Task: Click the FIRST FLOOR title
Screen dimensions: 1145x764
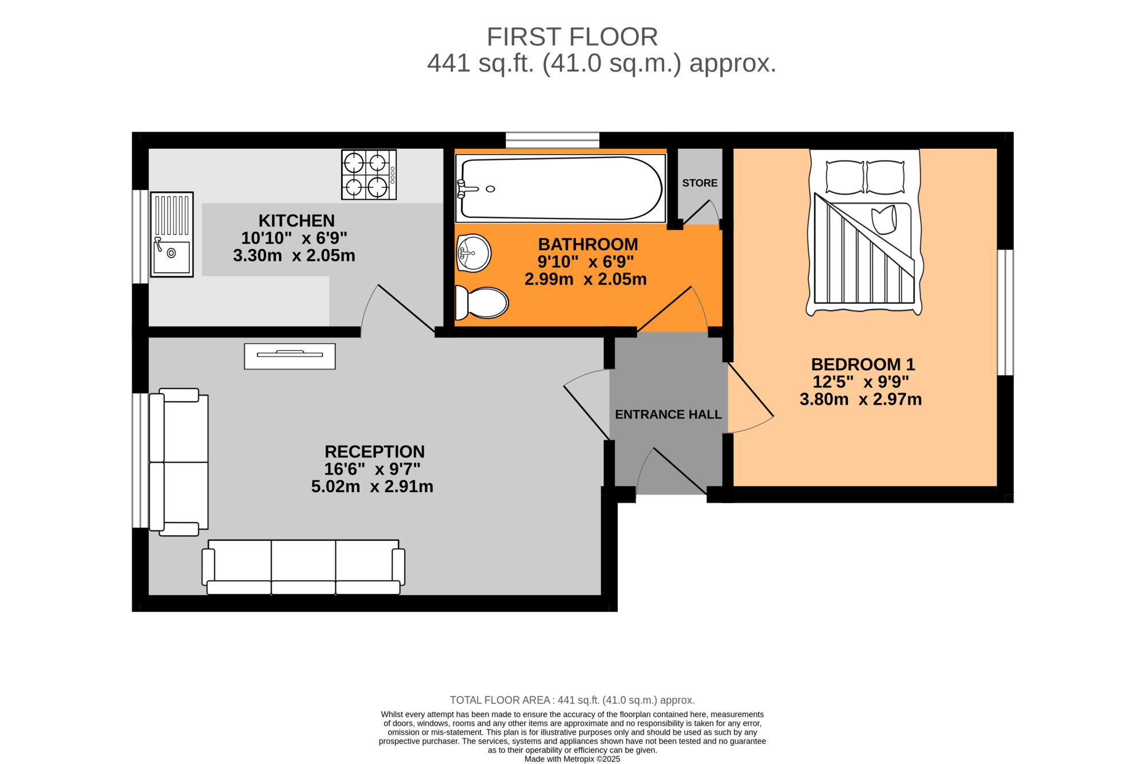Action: pyautogui.click(x=572, y=37)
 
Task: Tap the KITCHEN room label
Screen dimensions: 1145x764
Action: pyautogui.click(x=297, y=221)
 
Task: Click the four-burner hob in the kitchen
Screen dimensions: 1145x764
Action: pyautogui.click(x=369, y=175)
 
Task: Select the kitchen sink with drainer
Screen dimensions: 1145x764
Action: pyautogui.click(x=172, y=235)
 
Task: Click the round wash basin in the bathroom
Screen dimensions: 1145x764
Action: pyautogui.click(x=474, y=253)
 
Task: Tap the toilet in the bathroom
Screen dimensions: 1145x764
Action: pyautogui.click(x=481, y=302)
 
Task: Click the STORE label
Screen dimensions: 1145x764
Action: pyautogui.click(x=700, y=183)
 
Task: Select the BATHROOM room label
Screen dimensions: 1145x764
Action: pyautogui.click(x=588, y=244)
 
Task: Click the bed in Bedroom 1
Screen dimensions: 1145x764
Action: pyautogui.click(x=864, y=232)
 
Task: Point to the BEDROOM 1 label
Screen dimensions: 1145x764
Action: pyautogui.click(x=863, y=365)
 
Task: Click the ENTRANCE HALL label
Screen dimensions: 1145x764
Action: pyautogui.click(x=668, y=414)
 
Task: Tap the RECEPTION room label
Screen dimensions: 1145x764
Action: pyautogui.click(x=374, y=452)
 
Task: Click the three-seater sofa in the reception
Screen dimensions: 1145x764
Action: pyautogui.click(x=303, y=567)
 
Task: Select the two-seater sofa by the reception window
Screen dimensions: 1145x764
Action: pyautogui.click(x=179, y=462)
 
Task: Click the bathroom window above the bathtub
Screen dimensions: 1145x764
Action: pyautogui.click(x=552, y=140)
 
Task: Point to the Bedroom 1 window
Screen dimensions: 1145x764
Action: pyautogui.click(x=1005, y=312)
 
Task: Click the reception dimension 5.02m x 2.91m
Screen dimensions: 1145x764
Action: pyautogui.click(x=372, y=486)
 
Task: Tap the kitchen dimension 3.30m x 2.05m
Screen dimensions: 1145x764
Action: pyautogui.click(x=294, y=256)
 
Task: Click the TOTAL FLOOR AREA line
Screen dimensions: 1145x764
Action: pyautogui.click(x=572, y=700)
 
